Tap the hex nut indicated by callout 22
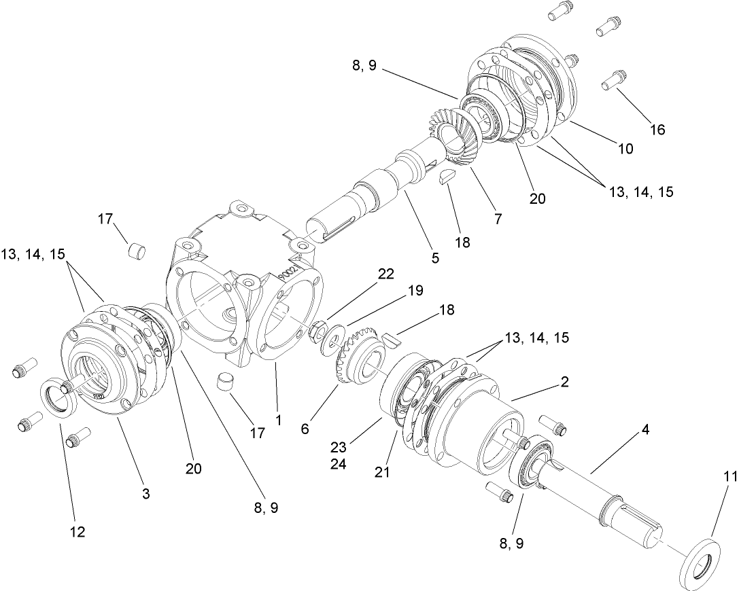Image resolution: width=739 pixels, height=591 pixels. tap(316, 333)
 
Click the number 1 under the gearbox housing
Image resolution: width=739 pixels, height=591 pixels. tap(278, 420)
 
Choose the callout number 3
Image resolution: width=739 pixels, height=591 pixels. tap(145, 494)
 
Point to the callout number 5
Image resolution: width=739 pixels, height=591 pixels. tap(435, 257)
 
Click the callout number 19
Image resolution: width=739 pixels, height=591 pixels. tap(413, 291)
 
